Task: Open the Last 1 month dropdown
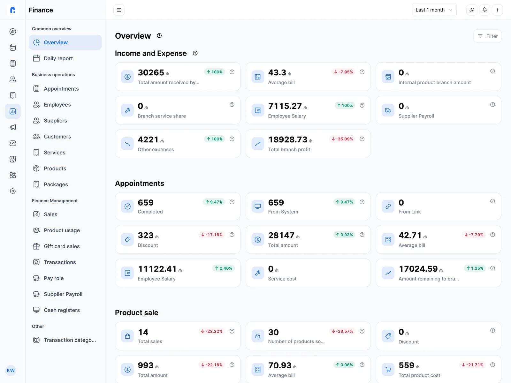tap(434, 10)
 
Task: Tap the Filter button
tap(487, 36)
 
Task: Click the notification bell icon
tap(484, 10)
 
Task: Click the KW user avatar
tap(11, 371)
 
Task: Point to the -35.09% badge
tap(342, 139)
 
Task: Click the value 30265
tap(151, 72)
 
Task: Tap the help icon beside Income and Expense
tap(195, 53)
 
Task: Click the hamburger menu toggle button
tap(119, 10)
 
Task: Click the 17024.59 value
tap(418, 269)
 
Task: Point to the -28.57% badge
tap(342, 331)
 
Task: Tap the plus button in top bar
tap(497, 10)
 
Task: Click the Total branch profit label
tap(289, 149)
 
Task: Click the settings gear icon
tap(13, 191)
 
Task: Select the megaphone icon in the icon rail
tap(13, 127)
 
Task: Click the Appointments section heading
tap(140, 184)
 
